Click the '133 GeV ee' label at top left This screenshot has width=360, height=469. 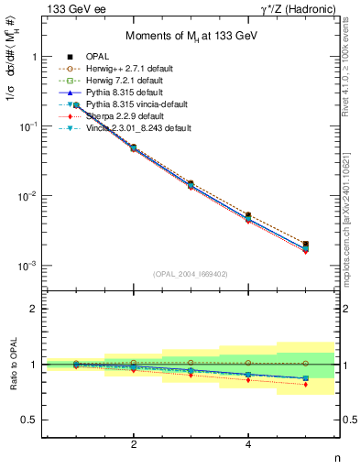click(72, 9)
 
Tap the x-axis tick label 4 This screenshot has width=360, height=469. click(248, 444)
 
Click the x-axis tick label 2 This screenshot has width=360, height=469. click(134, 444)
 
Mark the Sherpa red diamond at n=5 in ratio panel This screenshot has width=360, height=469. click(306, 384)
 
